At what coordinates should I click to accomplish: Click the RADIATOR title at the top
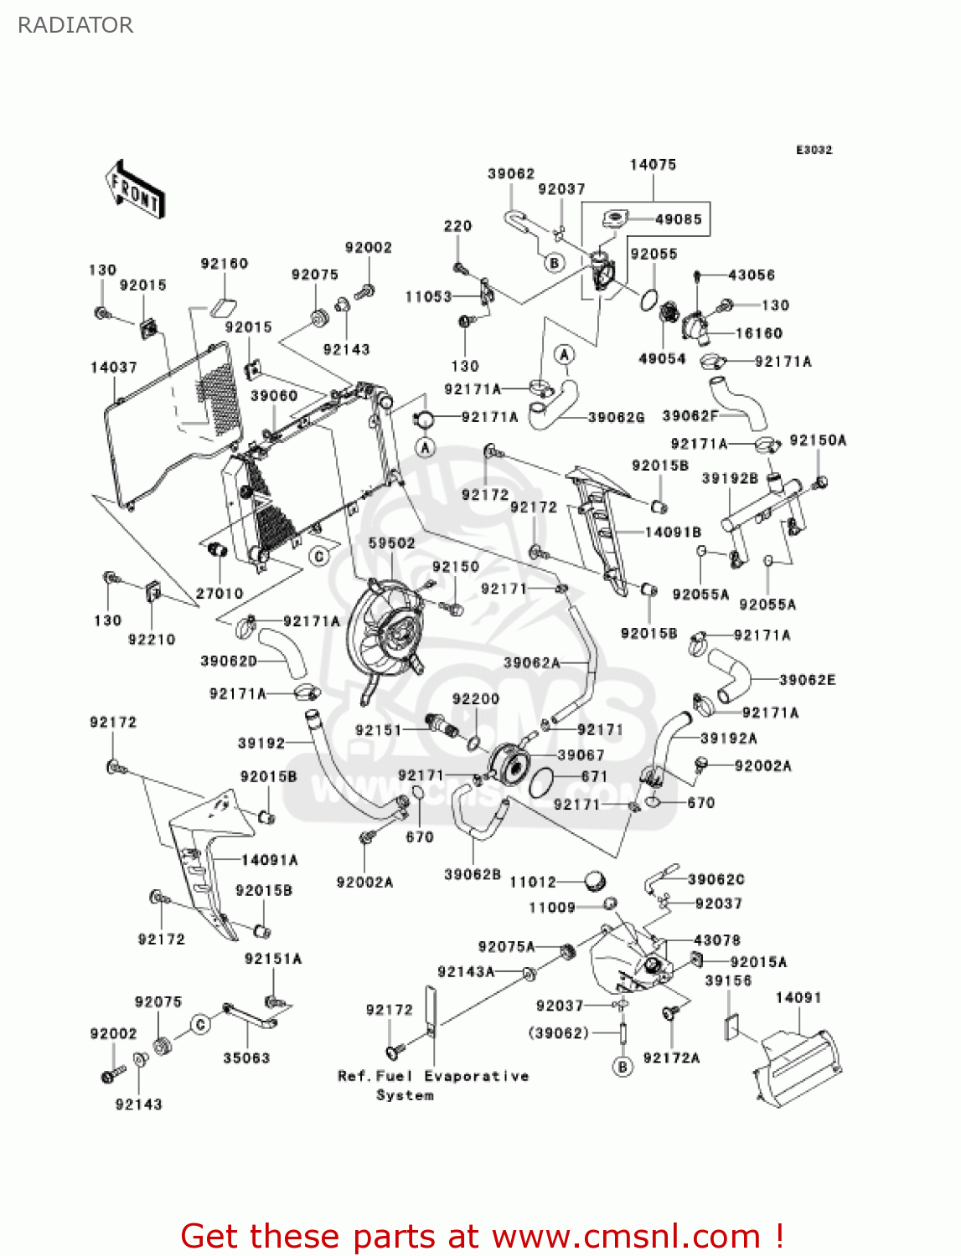point(75,25)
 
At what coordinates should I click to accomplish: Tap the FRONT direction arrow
point(135,189)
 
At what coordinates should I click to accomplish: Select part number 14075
point(653,165)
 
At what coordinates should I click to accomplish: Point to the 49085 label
point(679,219)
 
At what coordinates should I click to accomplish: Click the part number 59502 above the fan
point(391,543)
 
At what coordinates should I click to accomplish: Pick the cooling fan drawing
point(388,641)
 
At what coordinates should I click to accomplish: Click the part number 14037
point(114,368)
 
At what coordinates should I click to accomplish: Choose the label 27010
point(220,594)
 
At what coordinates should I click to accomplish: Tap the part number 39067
point(581,755)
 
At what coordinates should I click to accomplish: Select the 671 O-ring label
point(594,776)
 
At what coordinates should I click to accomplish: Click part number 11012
point(533,883)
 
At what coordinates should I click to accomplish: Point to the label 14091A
point(270,860)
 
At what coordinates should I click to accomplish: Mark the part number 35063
point(246,1058)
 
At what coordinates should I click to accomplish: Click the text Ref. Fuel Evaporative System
point(433,1085)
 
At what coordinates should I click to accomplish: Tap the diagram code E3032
point(814,150)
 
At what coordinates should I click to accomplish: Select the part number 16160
point(759,333)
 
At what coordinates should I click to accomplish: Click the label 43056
point(752,275)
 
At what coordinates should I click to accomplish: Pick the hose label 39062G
point(616,418)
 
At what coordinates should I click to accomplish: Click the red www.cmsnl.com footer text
point(482,1237)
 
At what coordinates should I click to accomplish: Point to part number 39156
point(728,981)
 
